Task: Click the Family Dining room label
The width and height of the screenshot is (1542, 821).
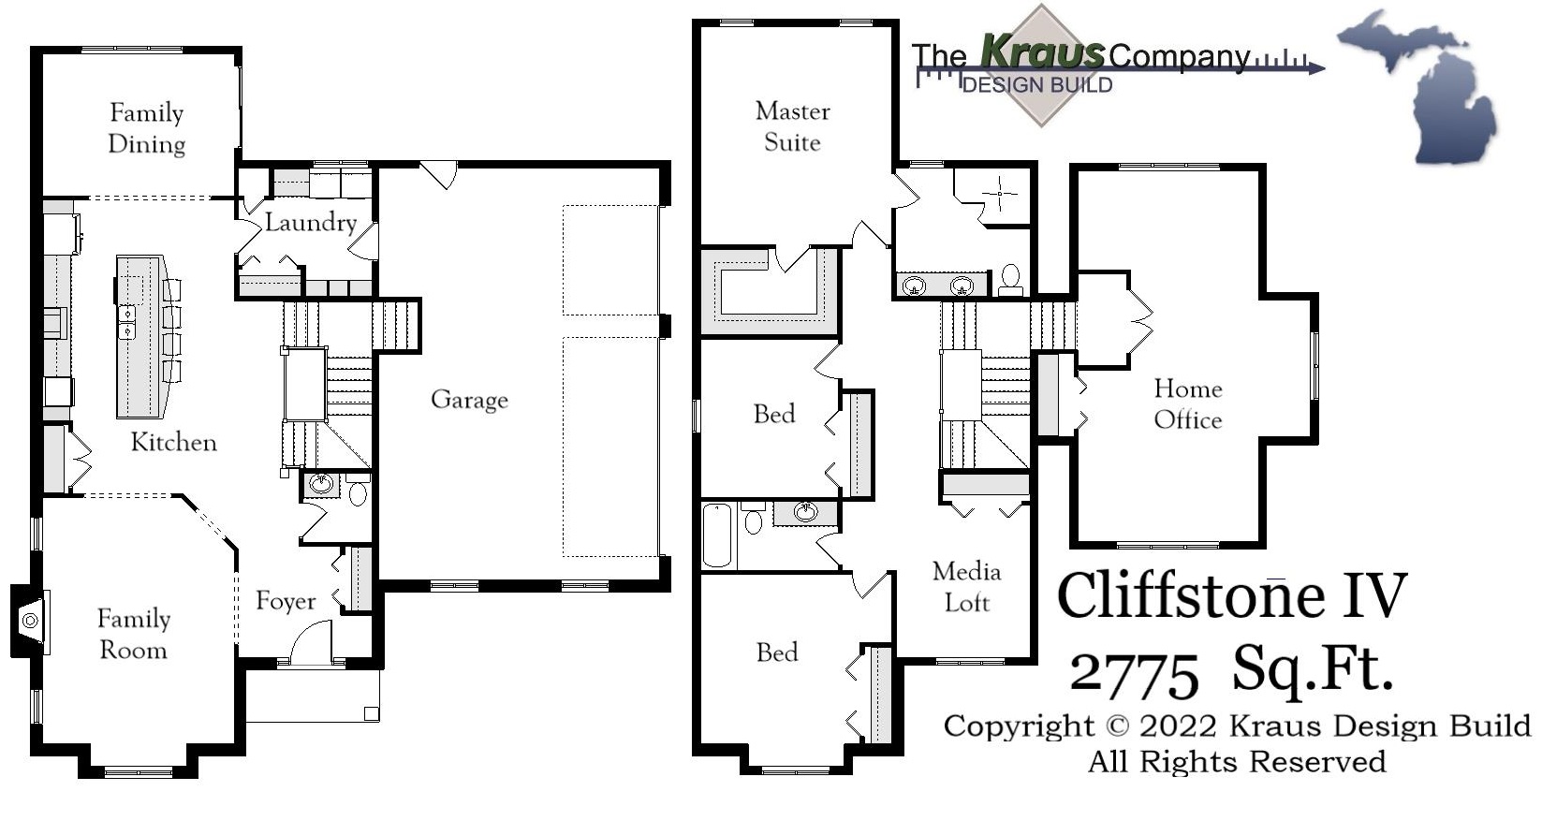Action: click(146, 128)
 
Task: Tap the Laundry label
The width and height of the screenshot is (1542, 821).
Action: click(310, 223)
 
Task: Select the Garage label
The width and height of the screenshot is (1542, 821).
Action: click(469, 400)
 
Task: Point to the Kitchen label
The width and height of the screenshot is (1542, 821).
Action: click(173, 442)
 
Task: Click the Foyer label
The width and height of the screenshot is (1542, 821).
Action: click(286, 601)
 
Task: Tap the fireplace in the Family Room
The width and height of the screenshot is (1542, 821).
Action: click(31, 620)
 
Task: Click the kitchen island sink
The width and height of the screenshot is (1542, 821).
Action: click(126, 321)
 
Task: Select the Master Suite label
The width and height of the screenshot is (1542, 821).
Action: click(792, 126)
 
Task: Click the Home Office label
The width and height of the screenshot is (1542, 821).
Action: click(1187, 403)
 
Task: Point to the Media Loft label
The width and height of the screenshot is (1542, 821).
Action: click(966, 587)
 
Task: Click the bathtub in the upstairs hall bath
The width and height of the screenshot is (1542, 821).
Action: click(717, 535)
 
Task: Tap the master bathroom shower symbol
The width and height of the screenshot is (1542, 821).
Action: click(1000, 194)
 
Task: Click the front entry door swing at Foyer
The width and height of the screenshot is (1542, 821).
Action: click(312, 646)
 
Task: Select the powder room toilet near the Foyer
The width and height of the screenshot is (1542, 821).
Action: click(358, 492)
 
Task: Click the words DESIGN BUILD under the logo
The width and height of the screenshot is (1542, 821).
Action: click(1037, 85)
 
